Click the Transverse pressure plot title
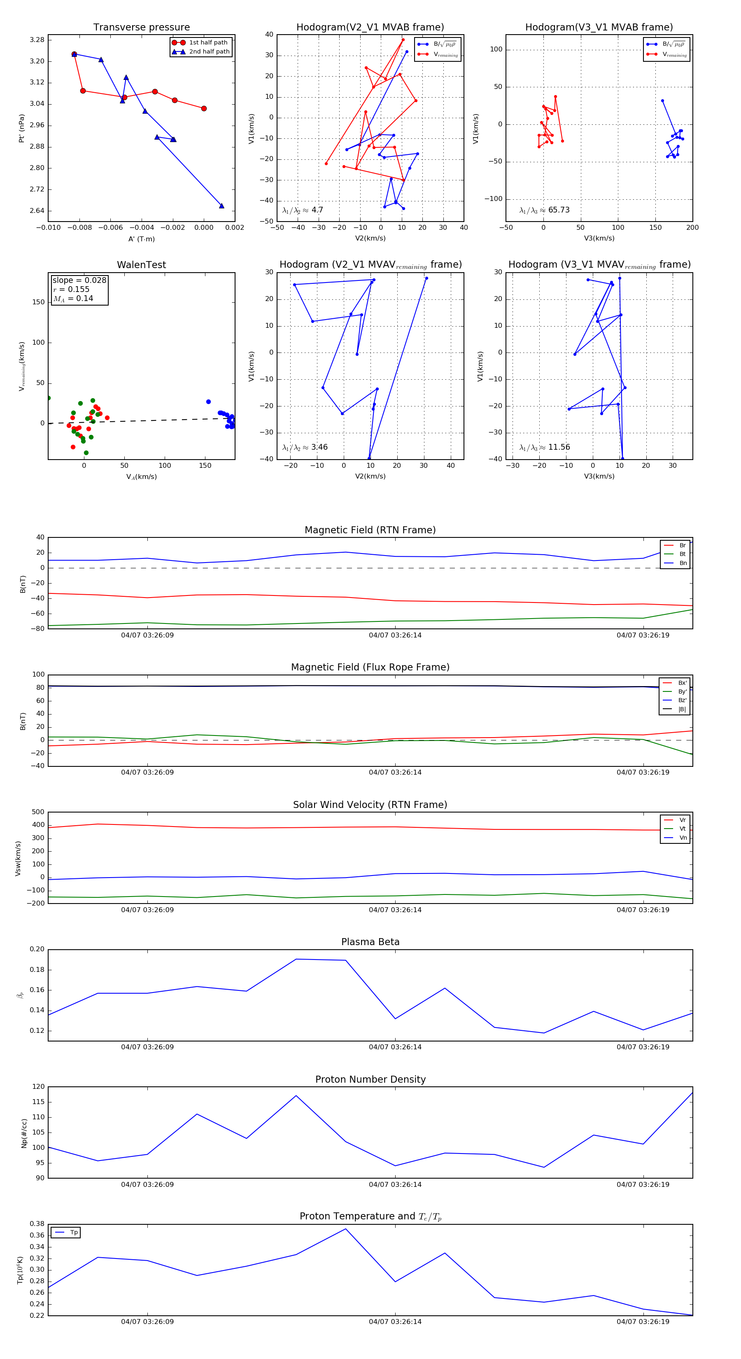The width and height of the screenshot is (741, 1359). coord(141,28)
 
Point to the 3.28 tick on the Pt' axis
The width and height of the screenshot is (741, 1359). coord(37,40)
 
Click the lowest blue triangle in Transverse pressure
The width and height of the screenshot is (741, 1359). coord(221,206)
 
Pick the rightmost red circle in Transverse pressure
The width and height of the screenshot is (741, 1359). coord(204,109)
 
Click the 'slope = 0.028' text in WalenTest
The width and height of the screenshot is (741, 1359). coord(79,280)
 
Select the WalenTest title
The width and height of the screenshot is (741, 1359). coord(141,265)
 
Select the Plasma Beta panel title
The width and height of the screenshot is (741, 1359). coord(370,942)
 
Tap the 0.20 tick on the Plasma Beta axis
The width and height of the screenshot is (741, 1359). coord(37,950)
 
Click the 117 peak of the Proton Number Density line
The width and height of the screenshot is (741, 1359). coord(296,1096)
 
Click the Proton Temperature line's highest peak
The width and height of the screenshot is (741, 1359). coord(345,1229)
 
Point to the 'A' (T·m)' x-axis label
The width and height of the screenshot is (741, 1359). coord(141,239)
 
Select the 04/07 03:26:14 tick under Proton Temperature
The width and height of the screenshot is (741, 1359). coord(395,1322)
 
